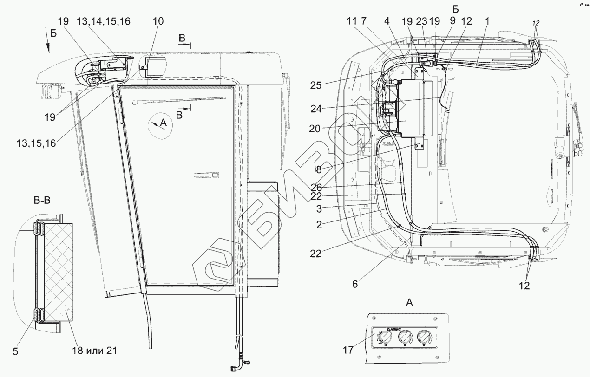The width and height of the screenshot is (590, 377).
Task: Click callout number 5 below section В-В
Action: (16, 351)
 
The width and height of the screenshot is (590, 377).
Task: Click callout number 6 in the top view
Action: (355, 285)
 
